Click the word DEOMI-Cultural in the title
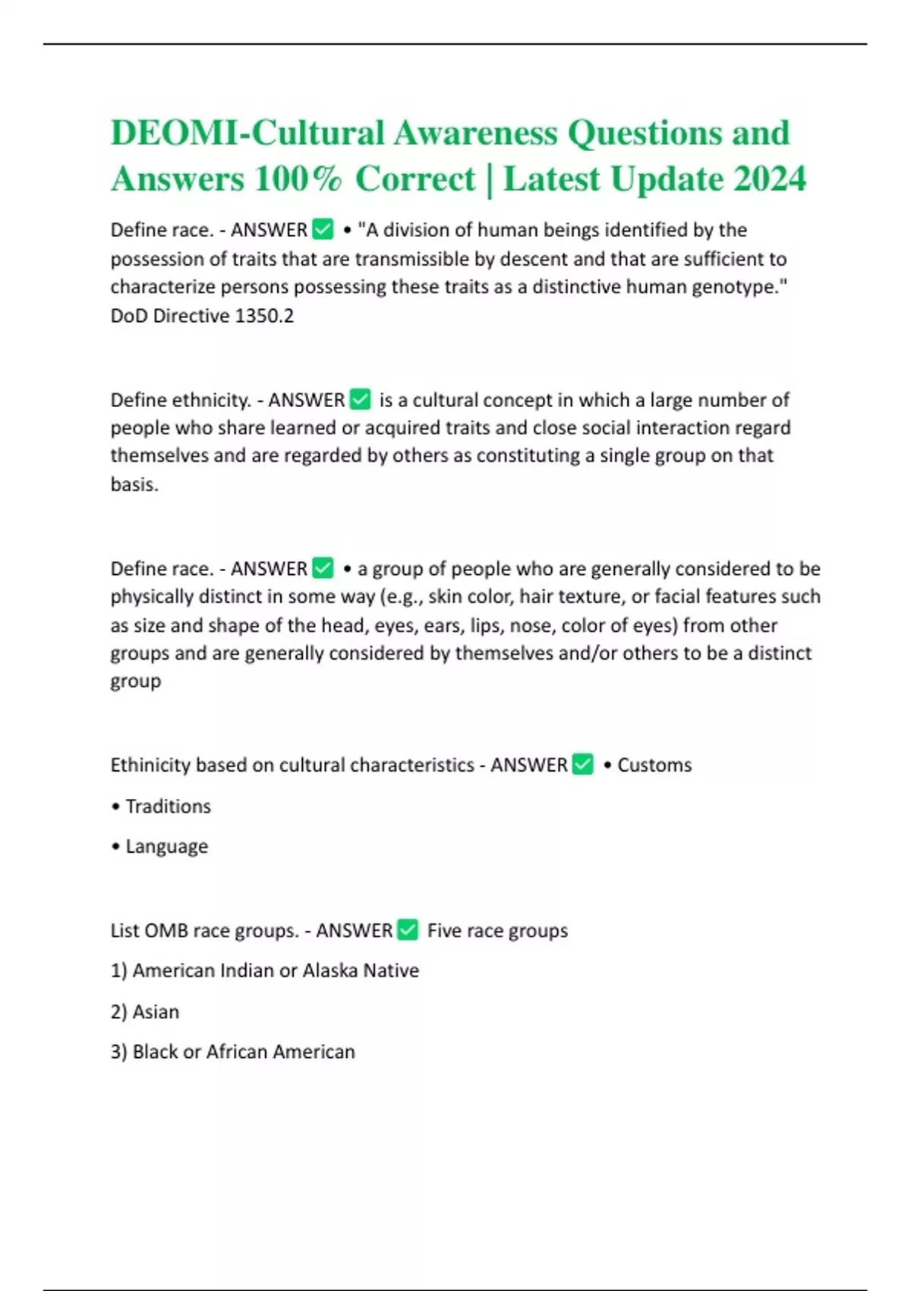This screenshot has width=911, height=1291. pyautogui.click(x=247, y=134)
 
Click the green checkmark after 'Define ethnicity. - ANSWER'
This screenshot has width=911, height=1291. pyautogui.click(x=360, y=399)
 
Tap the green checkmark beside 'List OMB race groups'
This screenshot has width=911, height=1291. pyautogui.click(x=408, y=930)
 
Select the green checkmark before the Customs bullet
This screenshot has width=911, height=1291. pyautogui.click(x=583, y=765)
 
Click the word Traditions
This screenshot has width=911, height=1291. pyautogui.click(x=168, y=806)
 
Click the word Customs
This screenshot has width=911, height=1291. pyautogui.click(x=654, y=765)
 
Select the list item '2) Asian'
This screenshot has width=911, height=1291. pyautogui.click(x=145, y=1012)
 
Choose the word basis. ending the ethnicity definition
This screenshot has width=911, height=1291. pyautogui.click(x=134, y=485)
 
